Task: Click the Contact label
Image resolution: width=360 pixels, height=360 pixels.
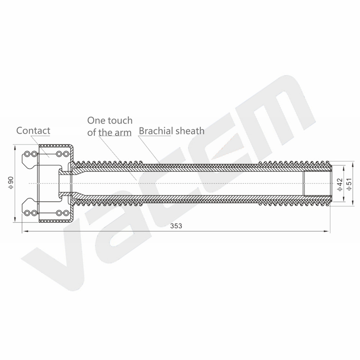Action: tap(33, 130)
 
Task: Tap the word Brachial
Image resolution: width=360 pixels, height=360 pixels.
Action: tap(156, 131)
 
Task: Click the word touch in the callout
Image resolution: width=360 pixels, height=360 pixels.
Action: tap(120, 121)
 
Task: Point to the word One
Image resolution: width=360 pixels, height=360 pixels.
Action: tap(96, 121)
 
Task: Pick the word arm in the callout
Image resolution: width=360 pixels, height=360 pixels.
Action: tap(124, 133)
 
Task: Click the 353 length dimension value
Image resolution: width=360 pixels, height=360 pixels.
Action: tap(176, 226)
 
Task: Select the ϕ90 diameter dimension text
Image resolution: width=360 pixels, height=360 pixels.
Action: tap(11, 183)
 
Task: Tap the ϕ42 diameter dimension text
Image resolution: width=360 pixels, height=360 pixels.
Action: tap(340, 184)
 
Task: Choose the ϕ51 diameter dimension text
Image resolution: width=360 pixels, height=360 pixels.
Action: tap(349, 184)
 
